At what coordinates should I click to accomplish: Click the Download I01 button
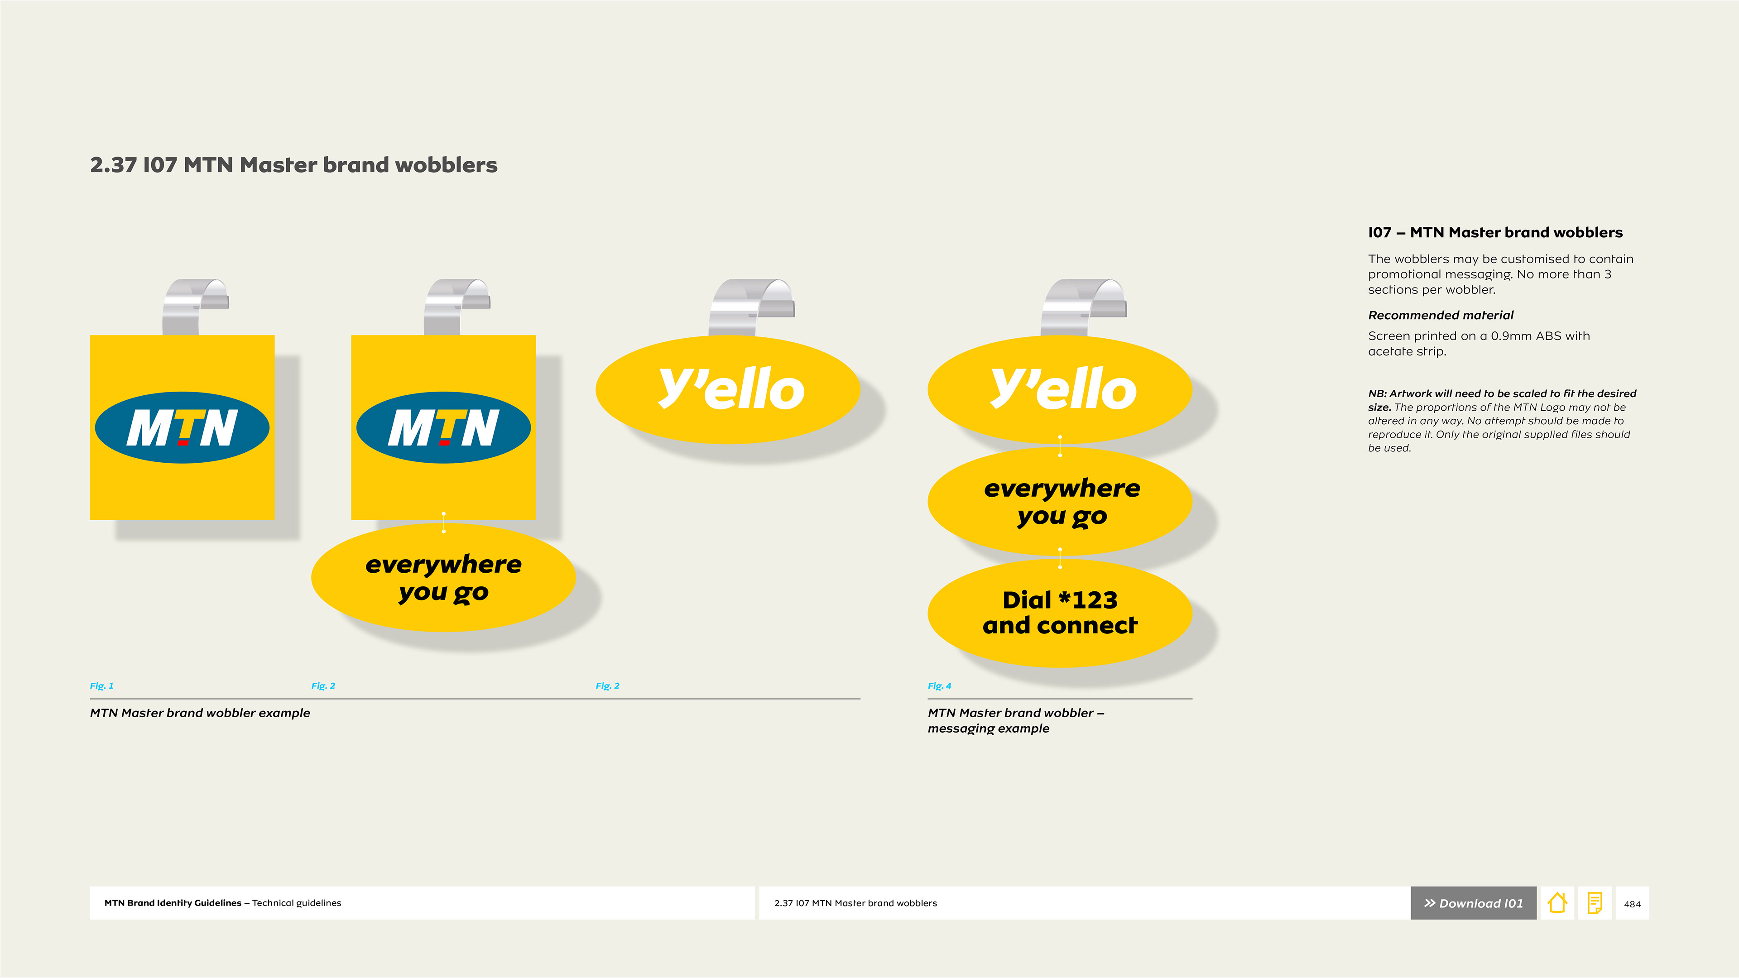point(1473,903)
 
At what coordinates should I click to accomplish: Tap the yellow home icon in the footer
point(1557,903)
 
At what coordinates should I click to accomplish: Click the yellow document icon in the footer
point(1595,903)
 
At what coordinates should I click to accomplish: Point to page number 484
point(1632,904)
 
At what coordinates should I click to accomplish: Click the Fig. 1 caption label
point(102,686)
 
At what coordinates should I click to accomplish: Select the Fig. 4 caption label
point(939,686)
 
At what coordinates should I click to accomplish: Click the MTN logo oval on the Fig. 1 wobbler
point(182,427)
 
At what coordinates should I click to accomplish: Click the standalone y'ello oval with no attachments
point(728,389)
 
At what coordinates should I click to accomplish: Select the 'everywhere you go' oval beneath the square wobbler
point(443,578)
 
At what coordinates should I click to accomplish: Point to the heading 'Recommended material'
point(1441,315)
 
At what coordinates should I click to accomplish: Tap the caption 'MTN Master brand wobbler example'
point(200,713)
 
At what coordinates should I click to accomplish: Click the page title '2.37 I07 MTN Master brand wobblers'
point(293,165)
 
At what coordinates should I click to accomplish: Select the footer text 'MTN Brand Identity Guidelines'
point(173,903)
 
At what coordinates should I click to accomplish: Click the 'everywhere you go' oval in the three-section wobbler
point(1060,502)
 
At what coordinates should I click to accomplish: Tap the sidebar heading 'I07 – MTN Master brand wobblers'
point(1495,232)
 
